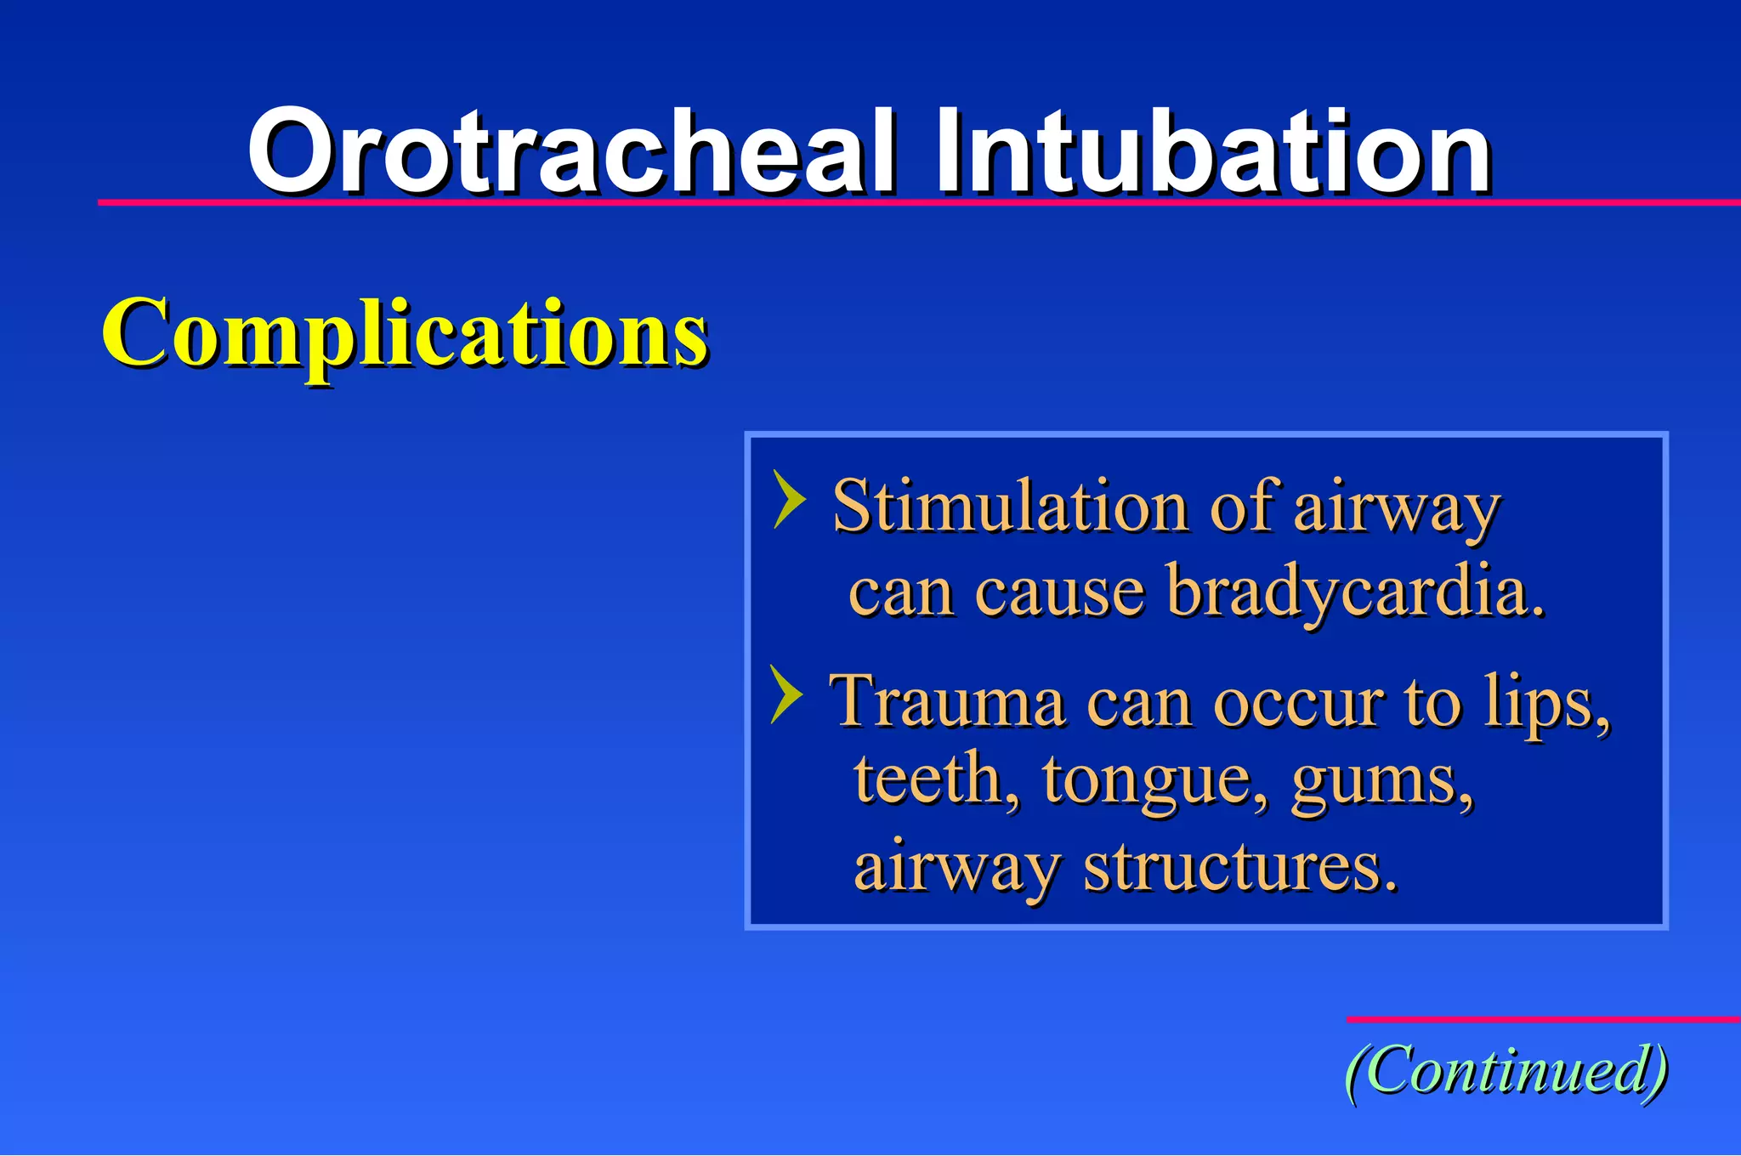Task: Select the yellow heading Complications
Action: (x=405, y=333)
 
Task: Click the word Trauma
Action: (x=946, y=702)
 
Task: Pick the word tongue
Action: (x=1148, y=780)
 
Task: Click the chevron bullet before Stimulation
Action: (x=788, y=501)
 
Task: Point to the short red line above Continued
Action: (x=1542, y=1019)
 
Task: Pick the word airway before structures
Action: (x=956, y=869)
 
